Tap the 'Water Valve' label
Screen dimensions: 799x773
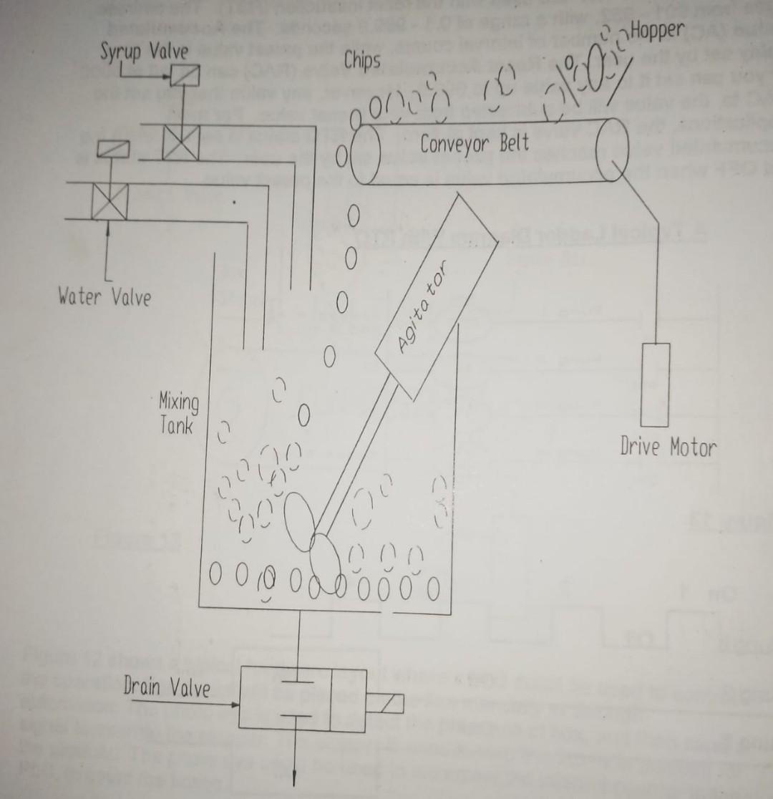[x=104, y=296]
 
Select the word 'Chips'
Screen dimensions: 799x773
[x=361, y=62]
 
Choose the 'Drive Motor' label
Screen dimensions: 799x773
[x=667, y=447]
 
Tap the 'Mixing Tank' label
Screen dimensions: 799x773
[x=178, y=413]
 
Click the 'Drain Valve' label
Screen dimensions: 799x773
[x=167, y=688]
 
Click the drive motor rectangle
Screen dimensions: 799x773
[x=655, y=385]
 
